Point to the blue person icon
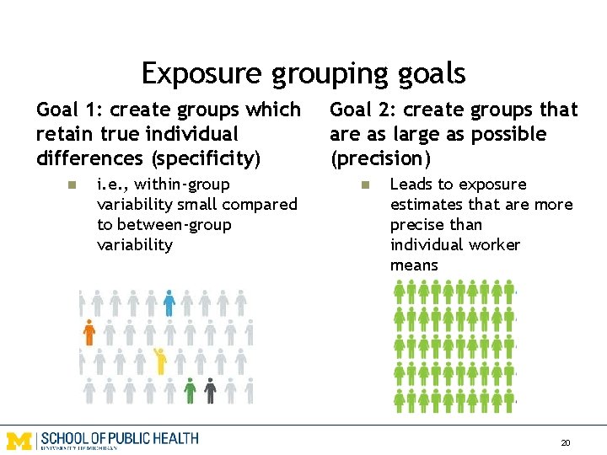tap(169, 302)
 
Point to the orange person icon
tap(89, 332)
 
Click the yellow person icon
tap(159, 361)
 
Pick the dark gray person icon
tap(210, 390)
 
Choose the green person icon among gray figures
tap(191, 390)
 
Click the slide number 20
tap(566, 442)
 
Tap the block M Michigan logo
tap(20, 440)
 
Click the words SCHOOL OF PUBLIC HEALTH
tap(119, 438)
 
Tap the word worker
tap(497, 245)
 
